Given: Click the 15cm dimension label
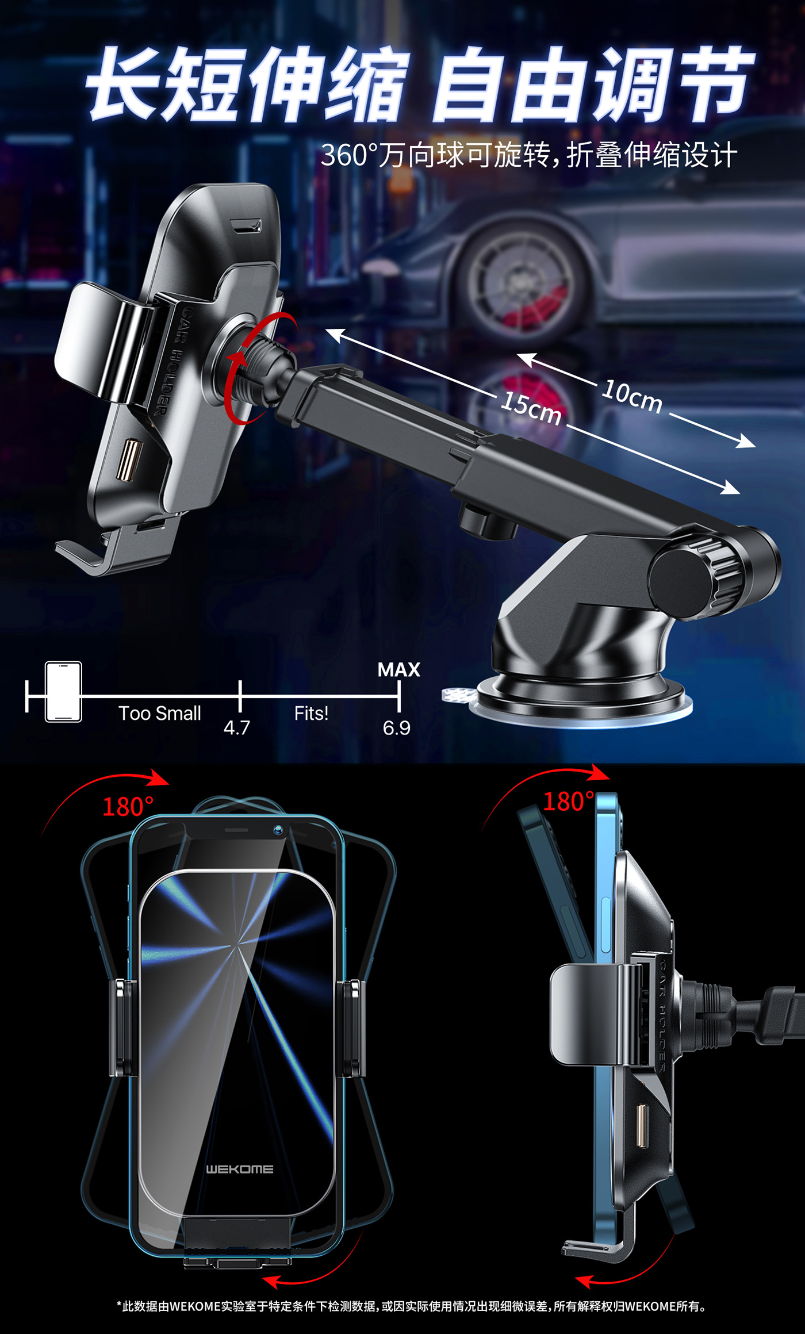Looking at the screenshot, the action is coord(531,408).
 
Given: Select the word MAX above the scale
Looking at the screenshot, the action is coord(398,669).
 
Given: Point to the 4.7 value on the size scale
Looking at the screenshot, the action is coord(236,728).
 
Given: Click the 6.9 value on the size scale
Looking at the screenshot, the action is coord(396,728).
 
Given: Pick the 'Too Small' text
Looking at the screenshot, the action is coord(160,713).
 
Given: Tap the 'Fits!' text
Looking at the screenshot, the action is coord(311,713).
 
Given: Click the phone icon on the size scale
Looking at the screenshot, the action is coord(63,692).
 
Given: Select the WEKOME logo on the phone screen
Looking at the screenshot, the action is coord(240,1169).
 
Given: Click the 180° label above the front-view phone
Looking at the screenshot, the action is coord(128,807).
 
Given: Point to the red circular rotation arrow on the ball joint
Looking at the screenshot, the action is coord(253,368).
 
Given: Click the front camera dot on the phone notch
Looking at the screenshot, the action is coord(278,830).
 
